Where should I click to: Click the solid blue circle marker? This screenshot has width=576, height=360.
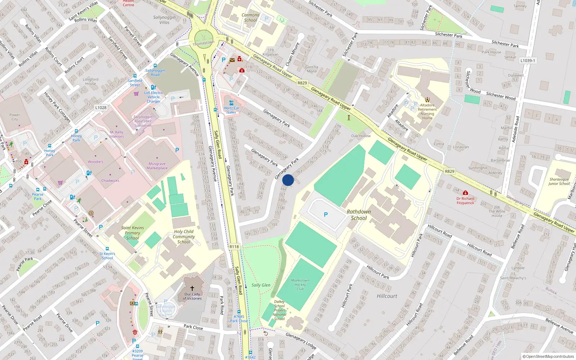[288, 180]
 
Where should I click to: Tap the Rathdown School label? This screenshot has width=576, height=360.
[359, 215]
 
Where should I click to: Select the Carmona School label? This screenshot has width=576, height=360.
[251, 18]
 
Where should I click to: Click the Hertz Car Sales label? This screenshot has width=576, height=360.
[231, 110]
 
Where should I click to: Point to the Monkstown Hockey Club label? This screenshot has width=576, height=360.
[300, 284]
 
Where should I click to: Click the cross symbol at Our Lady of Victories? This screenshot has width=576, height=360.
[192, 288]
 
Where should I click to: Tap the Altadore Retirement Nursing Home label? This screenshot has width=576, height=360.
[427, 112]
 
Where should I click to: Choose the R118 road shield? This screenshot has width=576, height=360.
[234, 247]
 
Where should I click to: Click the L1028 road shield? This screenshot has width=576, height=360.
[101, 107]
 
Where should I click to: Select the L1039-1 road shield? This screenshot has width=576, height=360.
[528, 60]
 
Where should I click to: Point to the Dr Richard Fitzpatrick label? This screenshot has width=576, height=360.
[465, 201]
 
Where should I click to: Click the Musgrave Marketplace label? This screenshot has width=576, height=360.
[157, 166]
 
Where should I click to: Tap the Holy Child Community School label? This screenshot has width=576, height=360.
[184, 237]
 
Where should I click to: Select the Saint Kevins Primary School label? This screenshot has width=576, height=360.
[132, 233]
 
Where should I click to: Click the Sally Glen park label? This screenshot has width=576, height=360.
[261, 285]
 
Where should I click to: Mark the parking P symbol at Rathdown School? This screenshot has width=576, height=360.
[326, 215]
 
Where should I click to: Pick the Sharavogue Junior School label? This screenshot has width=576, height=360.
[559, 181]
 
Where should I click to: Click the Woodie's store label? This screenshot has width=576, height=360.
[95, 162]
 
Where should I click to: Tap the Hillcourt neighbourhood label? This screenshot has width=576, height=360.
[387, 296]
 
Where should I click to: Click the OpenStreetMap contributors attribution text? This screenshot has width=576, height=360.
[548, 356]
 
